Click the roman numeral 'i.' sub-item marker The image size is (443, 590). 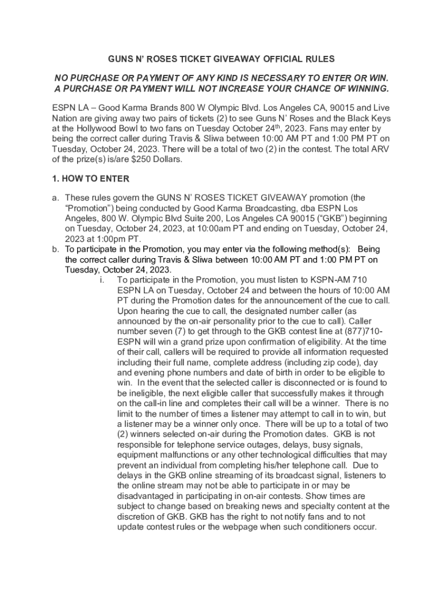point(102,280)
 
